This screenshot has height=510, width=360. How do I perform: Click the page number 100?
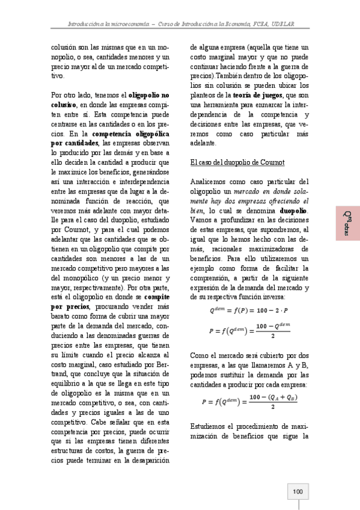coord(297,491)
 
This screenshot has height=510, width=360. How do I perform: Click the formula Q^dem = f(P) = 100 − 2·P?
coord(249,311)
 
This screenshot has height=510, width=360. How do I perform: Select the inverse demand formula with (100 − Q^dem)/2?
coord(249,330)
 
